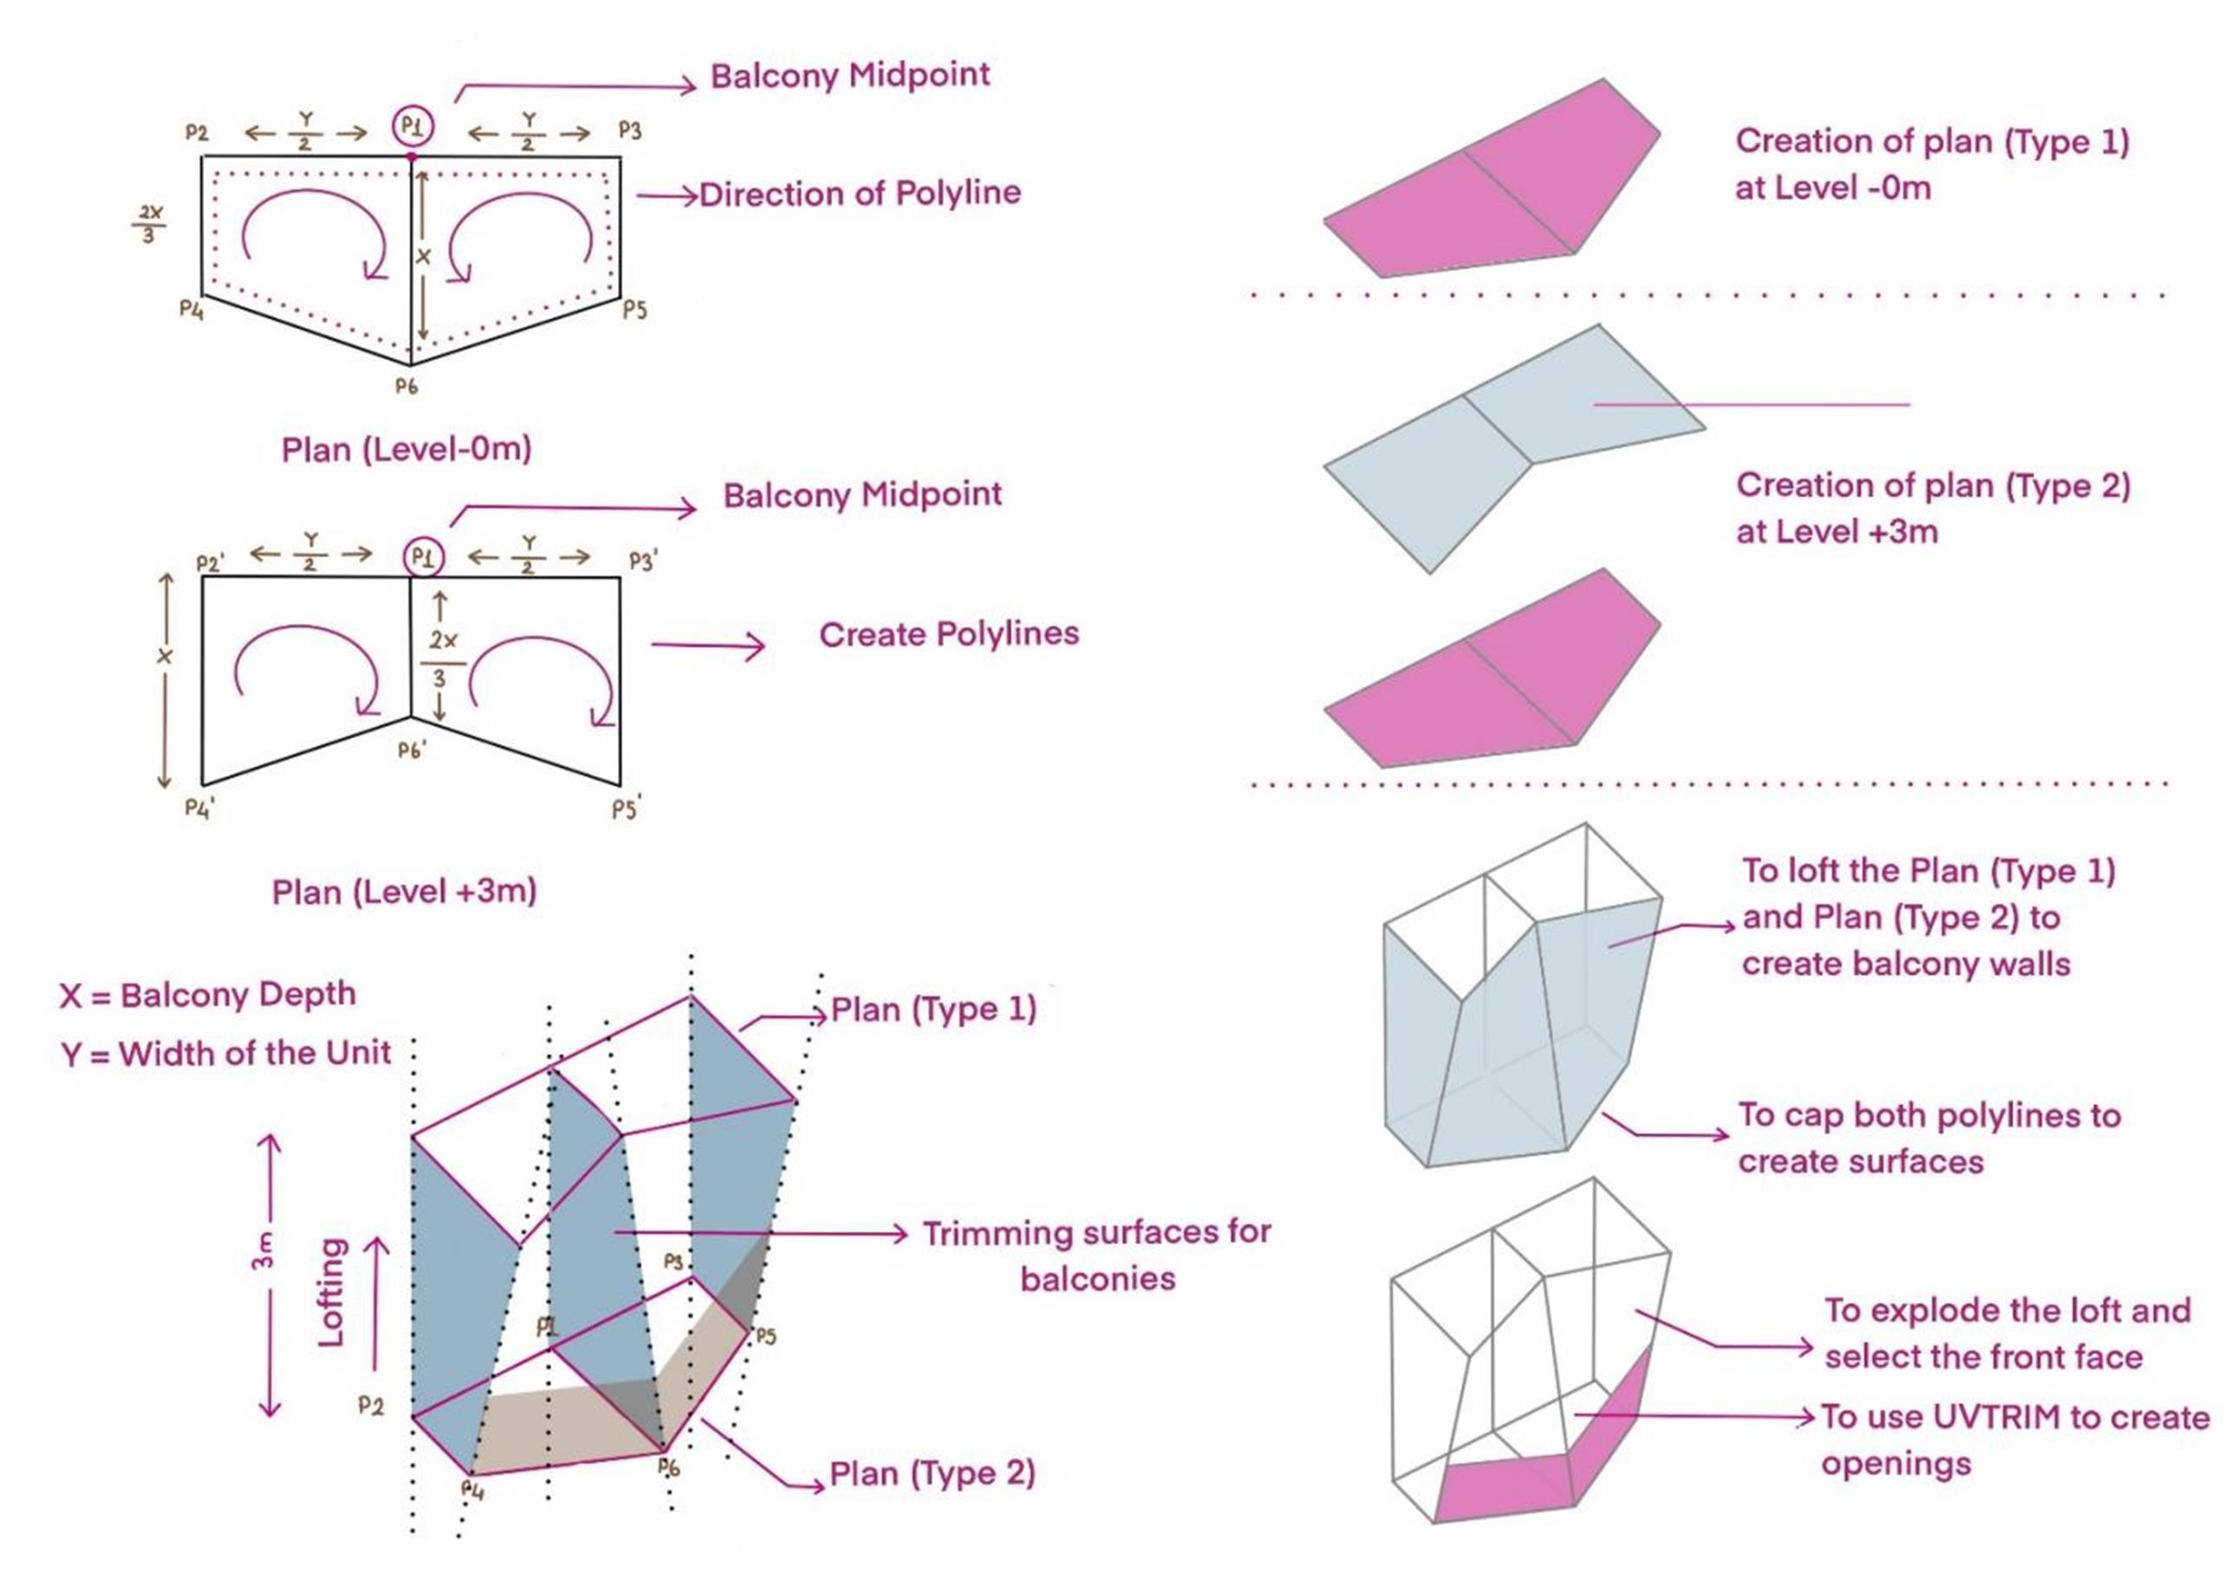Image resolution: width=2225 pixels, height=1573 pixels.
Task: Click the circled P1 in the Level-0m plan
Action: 413,126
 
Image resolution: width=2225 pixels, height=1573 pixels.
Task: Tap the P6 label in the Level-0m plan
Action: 406,386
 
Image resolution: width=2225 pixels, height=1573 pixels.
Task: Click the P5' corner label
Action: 627,808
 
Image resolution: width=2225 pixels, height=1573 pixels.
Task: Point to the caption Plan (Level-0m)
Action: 406,450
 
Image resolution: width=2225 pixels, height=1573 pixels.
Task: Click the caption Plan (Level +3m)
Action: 404,892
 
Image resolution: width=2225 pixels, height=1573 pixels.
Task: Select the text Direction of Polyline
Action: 860,194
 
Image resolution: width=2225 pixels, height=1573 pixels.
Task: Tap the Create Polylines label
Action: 949,634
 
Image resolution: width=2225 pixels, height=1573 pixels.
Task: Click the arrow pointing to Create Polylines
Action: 707,646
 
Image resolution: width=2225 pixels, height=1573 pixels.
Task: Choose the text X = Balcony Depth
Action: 207,995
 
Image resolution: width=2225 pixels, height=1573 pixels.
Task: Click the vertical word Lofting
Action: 332,1292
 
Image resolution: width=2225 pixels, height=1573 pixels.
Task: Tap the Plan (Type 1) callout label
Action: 934,1010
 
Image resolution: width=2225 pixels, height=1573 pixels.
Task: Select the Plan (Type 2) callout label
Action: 933,1474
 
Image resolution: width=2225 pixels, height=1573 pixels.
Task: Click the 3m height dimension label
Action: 263,1251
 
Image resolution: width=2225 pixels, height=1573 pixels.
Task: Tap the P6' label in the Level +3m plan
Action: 413,749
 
